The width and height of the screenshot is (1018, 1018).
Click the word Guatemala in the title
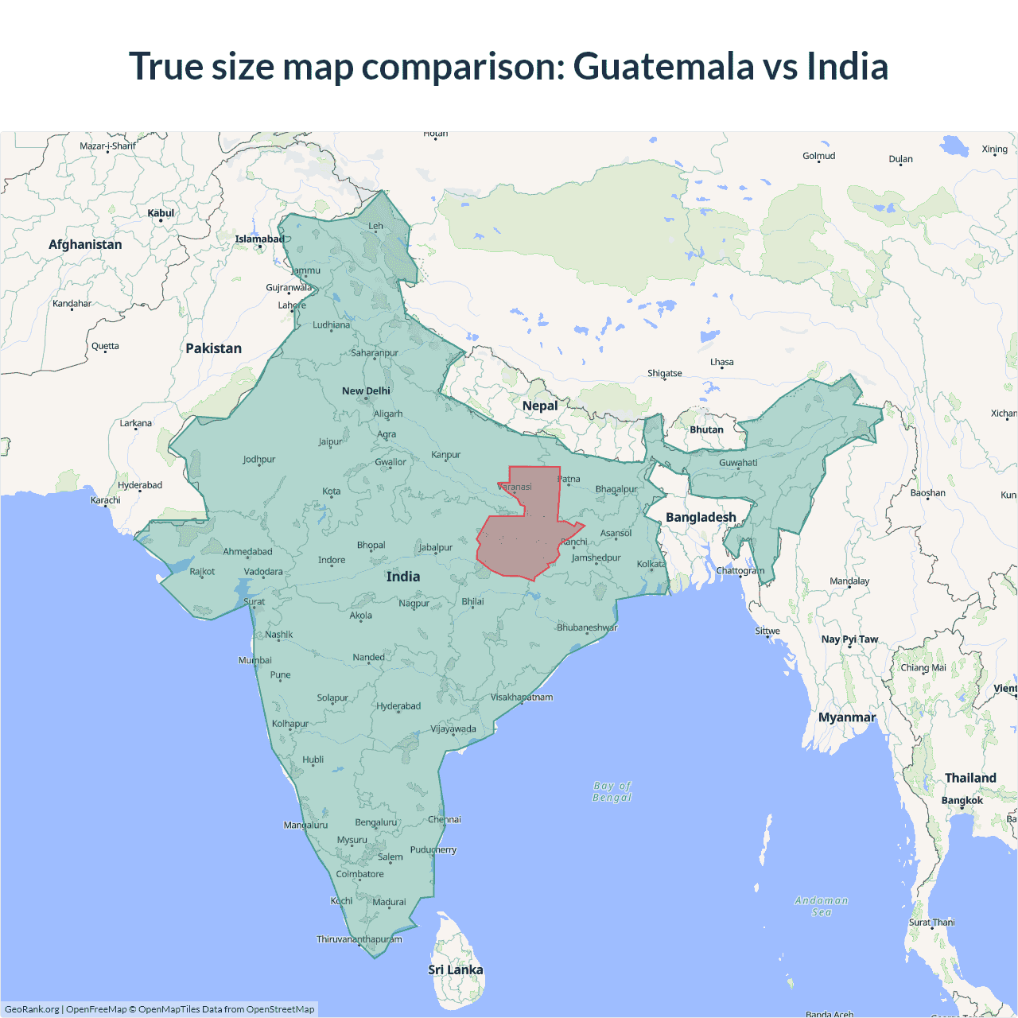pos(662,66)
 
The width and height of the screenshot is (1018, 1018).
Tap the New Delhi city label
pos(366,390)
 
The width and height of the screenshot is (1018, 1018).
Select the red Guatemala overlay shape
pos(518,541)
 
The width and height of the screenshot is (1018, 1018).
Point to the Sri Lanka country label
pos(455,969)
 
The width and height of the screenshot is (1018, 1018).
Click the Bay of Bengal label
pos(612,791)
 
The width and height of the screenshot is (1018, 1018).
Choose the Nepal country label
pos(540,406)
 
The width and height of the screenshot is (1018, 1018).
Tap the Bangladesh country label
pos(701,517)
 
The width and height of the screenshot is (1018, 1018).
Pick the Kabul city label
pos(161,213)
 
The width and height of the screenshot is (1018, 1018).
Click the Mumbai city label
pos(254,660)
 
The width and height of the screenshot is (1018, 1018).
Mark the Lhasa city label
pos(722,362)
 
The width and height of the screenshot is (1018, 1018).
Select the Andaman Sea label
pos(822,906)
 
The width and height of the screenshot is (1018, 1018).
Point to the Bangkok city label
pos(962,800)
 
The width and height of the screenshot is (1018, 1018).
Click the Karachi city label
pos(106,500)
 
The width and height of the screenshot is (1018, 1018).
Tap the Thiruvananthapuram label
pos(359,939)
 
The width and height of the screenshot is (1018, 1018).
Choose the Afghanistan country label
pos(85,244)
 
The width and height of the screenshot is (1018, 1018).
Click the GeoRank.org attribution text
pos(32,1009)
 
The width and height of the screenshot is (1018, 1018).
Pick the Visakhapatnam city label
pos(522,697)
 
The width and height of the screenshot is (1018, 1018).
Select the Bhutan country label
pos(706,429)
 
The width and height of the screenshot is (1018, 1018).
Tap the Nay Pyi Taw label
pos(849,639)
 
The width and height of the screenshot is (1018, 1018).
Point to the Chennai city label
pos(445,819)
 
